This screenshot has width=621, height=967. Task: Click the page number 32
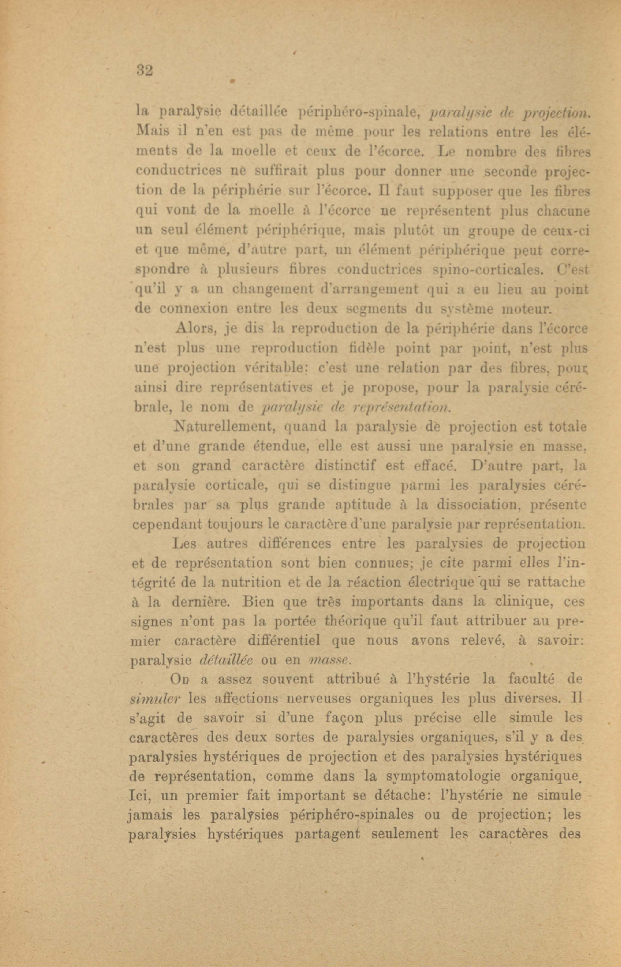point(144,70)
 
